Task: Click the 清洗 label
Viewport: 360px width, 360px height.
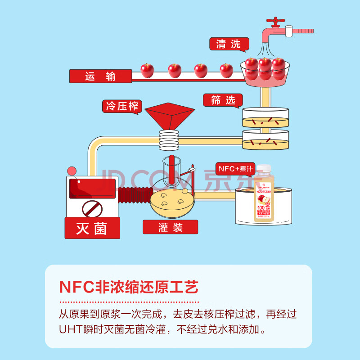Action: [229, 44]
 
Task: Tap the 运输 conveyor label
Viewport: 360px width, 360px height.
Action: [100, 76]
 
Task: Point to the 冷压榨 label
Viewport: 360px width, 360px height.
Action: [122, 107]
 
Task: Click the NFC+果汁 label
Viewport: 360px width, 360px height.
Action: [236, 169]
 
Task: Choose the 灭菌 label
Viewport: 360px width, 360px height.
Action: [92, 228]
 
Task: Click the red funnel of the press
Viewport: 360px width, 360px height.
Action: [169, 116]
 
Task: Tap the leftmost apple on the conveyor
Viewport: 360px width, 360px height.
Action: [147, 70]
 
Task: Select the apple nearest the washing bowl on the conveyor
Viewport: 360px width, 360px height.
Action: [226, 70]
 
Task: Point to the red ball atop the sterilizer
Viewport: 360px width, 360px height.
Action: [72, 171]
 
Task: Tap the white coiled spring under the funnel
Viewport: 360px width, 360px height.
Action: [169, 139]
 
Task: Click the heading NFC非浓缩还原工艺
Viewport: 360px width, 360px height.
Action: [129, 287]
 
